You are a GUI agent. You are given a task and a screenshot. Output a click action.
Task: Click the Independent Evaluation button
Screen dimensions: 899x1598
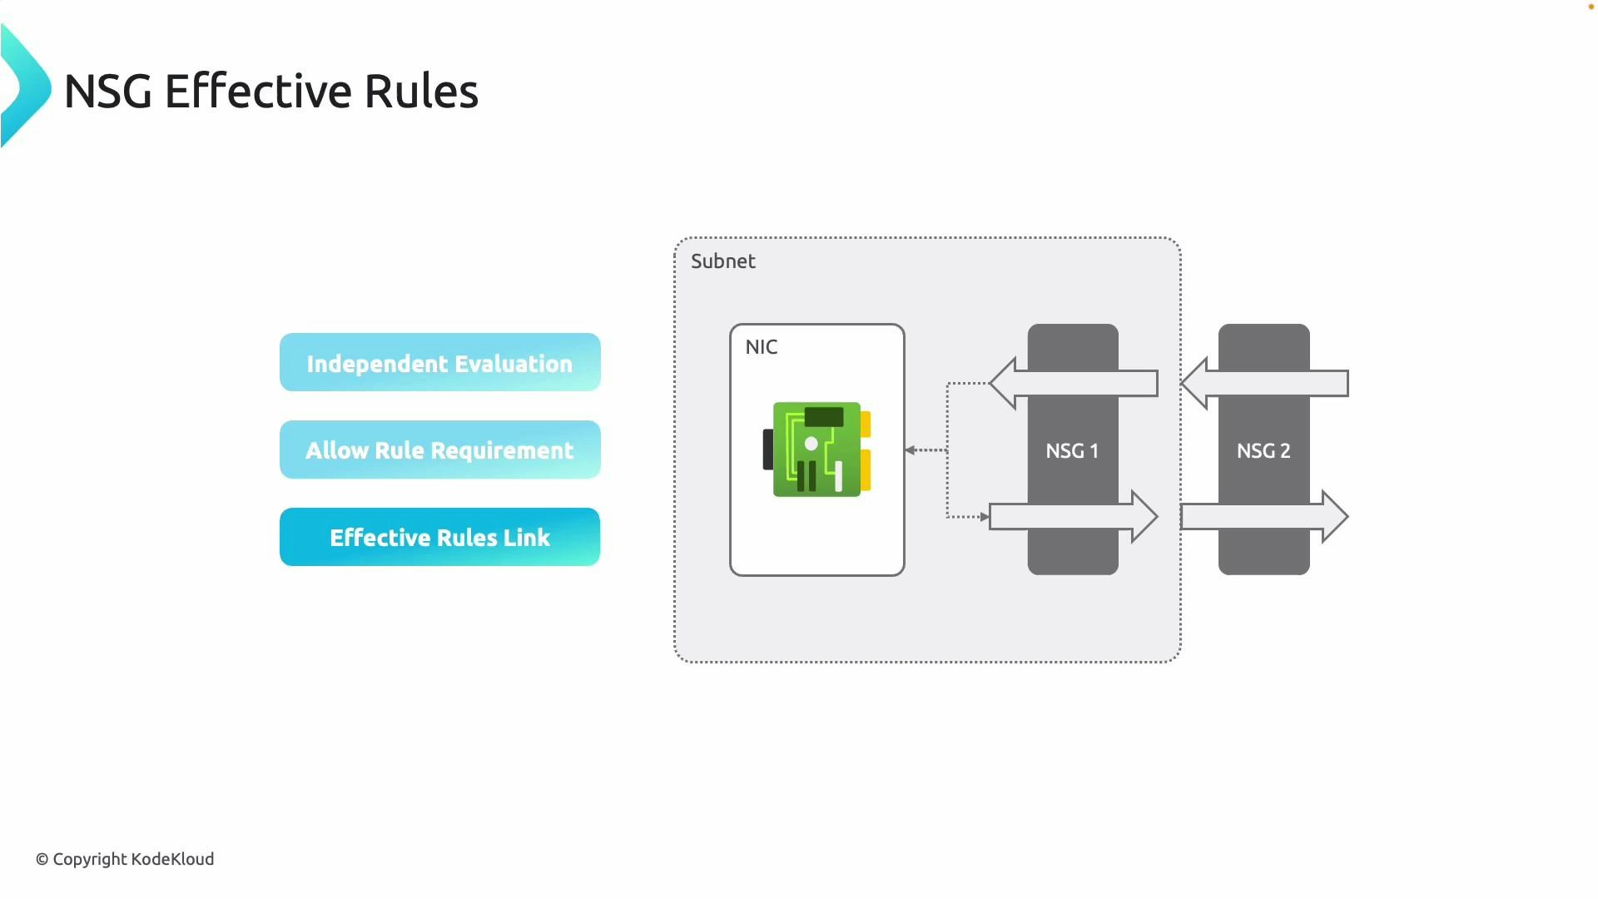(439, 363)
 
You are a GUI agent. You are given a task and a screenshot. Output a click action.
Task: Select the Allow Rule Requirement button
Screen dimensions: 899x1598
(439, 450)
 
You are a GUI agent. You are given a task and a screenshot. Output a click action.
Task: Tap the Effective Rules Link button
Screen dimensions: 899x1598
(439, 538)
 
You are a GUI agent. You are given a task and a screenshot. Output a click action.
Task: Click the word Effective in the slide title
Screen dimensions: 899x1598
(257, 92)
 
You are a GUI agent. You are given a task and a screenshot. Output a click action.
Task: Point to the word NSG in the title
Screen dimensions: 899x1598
(108, 92)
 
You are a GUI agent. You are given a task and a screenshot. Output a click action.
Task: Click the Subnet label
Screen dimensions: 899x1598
(722, 261)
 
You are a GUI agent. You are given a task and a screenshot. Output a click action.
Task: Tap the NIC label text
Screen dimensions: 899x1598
(761, 347)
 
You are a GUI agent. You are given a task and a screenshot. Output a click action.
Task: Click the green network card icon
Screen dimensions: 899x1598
(816, 449)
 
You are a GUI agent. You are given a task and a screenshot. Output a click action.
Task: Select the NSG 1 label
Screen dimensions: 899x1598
(1072, 451)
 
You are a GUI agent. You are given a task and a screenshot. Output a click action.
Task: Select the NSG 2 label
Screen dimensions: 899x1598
(1263, 451)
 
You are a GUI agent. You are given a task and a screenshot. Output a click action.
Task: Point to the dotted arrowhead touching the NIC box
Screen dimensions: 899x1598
(911, 450)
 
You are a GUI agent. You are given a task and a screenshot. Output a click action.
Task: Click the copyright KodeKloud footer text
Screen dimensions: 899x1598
(125, 859)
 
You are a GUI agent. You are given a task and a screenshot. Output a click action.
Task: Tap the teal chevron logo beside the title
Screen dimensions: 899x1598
(23, 87)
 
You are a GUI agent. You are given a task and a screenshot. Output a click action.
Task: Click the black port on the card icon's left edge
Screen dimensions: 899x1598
(767, 449)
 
